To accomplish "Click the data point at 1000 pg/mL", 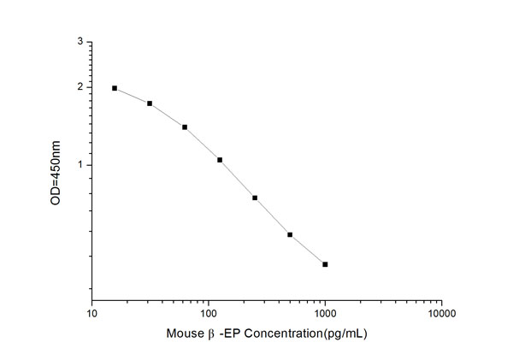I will click(x=325, y=264).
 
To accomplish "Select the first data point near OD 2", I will click(x=115, y=88).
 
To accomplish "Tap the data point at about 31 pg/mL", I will click(x=150, y=103).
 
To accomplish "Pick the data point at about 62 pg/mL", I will click(x=185, y=127).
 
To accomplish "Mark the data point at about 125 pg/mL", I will click(x=220, y=160).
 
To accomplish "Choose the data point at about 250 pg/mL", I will click(x=255, y=198).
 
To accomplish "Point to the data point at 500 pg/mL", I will click(x=290, y=234).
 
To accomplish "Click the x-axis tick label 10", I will click(x=92, y=314).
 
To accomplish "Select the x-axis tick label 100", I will click(x=208, y=314).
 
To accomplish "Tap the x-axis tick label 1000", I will click(x=324, y=314).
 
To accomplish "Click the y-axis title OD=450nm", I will click(x=56, y=171).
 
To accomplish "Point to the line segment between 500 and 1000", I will click(x=308, y=250).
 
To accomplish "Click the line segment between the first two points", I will click(x=133, y=95).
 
